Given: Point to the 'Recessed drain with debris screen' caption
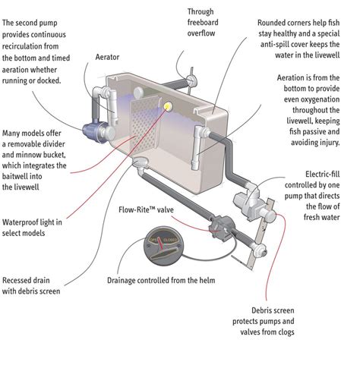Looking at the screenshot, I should click(31, 285).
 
